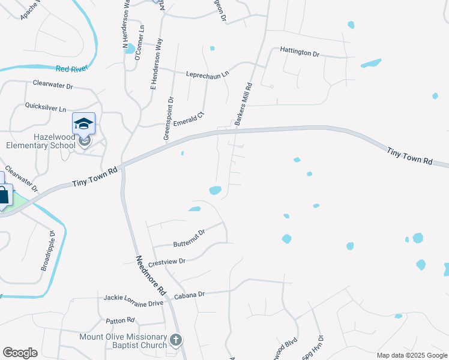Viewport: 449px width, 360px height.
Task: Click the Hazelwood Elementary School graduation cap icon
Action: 83,124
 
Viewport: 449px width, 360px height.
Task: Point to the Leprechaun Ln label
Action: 209,73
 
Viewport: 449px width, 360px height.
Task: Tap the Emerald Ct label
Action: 189,119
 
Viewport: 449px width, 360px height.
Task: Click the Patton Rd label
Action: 118,321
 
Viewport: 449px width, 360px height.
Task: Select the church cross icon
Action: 176,340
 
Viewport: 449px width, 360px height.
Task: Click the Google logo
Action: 20,353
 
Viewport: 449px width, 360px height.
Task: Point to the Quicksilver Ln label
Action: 45,108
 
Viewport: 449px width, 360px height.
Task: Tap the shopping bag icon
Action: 4,195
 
